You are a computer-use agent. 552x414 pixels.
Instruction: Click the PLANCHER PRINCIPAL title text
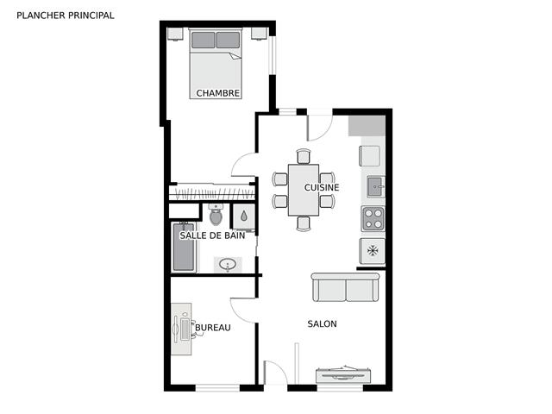click(x=66, y=16)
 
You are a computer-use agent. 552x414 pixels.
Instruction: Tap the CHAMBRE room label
click(x=218, y=93)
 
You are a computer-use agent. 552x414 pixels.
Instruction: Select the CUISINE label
click(x=322, y=188)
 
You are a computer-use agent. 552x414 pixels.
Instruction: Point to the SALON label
click(x=322, y=324)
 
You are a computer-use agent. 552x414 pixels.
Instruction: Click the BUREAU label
click(x=213, y=328)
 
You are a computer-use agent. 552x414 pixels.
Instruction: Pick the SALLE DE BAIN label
click(x=212, y=235)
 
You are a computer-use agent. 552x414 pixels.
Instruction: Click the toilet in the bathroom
click(x=216, y=215)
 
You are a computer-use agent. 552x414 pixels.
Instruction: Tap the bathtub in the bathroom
click(x=184, y=247)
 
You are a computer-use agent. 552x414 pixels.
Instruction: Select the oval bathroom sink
click(x=228, y=264)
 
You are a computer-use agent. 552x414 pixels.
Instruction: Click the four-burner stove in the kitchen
click(x=373, y=218)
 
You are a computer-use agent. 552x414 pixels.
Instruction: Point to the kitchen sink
click(x=376, y=186)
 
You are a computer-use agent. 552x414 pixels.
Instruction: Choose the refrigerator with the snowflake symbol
click(x=372, y=251)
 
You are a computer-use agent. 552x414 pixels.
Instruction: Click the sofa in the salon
click(x=345, y=287)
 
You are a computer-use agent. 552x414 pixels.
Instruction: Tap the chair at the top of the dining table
click(x=304, y=157)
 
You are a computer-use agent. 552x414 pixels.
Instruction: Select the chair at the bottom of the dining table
click(x=304, y=223)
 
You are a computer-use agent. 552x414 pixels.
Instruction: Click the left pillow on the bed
click(x=203, y=40)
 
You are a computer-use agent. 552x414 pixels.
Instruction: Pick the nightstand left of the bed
click(x=175, y=34)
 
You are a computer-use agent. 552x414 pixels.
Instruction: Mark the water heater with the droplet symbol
click(x=244, y=216)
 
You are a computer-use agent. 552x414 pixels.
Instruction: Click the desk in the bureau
click(x=181, y=329)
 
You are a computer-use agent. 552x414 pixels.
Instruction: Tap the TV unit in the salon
click(x=343, y=375)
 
